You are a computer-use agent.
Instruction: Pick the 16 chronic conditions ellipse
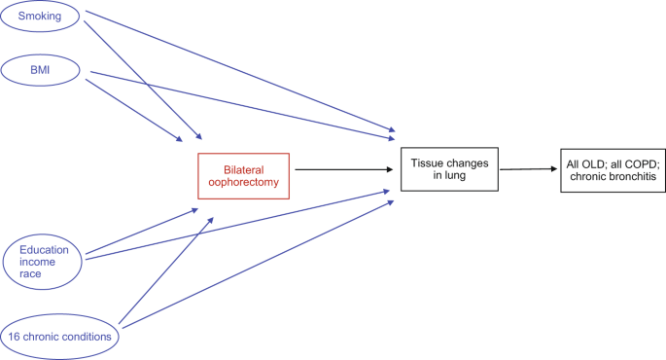pos(61,337)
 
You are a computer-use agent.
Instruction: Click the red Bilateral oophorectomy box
pos(243,175)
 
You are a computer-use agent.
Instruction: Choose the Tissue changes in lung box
pos(448,168)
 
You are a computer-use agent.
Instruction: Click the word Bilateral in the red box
pos(243,167)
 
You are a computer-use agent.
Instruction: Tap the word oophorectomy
pos(243,182)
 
